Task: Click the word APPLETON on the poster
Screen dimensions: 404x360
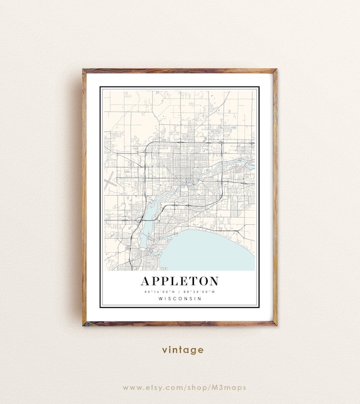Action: pos(180,281)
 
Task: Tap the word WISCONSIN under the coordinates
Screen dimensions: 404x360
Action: pos(180,299)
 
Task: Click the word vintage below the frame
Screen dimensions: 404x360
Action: pos(183,350)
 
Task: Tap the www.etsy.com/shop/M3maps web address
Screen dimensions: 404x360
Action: pos(184,387)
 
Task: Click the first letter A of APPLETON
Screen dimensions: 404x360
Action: pos(146,281)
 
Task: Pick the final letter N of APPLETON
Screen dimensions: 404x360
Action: pos(213,281)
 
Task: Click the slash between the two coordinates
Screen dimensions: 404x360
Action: pos(180,292)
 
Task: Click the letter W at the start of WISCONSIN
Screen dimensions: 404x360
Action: pos(160,299)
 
